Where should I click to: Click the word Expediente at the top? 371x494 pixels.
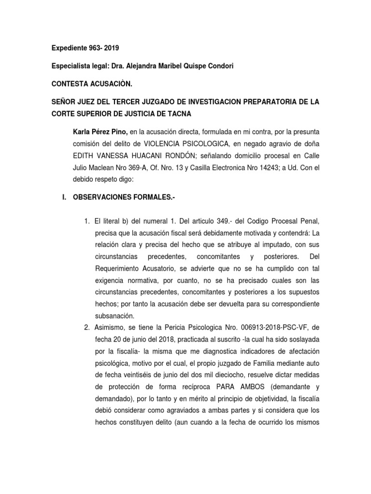pos(69,48)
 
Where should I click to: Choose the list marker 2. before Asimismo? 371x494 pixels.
pos(86,328)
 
